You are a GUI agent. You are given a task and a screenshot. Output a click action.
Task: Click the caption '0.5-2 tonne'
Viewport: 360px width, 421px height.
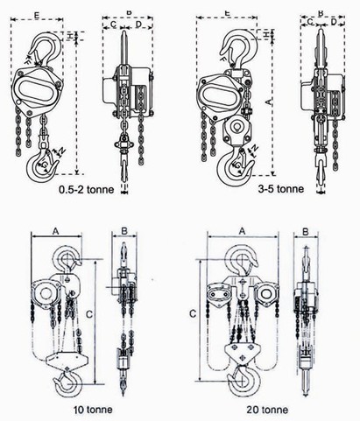[87, 190]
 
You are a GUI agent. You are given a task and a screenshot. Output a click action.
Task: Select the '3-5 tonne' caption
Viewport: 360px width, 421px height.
[281, 189]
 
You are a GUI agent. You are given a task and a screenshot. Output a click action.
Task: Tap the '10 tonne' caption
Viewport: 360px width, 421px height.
[93, 410]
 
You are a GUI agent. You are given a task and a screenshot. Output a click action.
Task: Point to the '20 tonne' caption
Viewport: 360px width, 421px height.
[267, 410]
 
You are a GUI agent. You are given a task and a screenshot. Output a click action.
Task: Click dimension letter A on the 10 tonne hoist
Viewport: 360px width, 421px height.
[56, 231]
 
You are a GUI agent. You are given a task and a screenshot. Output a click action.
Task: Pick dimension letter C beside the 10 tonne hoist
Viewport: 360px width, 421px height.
[89, 314]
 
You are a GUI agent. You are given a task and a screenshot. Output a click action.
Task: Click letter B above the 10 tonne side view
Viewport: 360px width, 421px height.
[124, 231]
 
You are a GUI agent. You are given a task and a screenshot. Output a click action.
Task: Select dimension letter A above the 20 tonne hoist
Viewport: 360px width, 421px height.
[242, 231]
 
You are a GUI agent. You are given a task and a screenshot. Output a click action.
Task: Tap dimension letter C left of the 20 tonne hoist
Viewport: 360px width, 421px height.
[193, 313]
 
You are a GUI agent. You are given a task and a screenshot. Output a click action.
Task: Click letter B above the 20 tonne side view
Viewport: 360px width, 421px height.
[306, 232]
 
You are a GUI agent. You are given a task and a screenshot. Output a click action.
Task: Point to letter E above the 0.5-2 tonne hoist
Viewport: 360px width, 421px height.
[37, 16]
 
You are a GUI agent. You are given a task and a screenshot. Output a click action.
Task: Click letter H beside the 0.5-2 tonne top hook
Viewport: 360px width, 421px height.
[70, 36]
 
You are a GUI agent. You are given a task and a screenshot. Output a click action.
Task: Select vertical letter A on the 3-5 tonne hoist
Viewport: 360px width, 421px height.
[268, 102]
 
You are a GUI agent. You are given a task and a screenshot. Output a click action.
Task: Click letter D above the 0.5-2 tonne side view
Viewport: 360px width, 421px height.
[138, 25]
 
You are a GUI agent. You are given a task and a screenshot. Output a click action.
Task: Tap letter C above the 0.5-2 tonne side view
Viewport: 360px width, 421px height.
[114, 25]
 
